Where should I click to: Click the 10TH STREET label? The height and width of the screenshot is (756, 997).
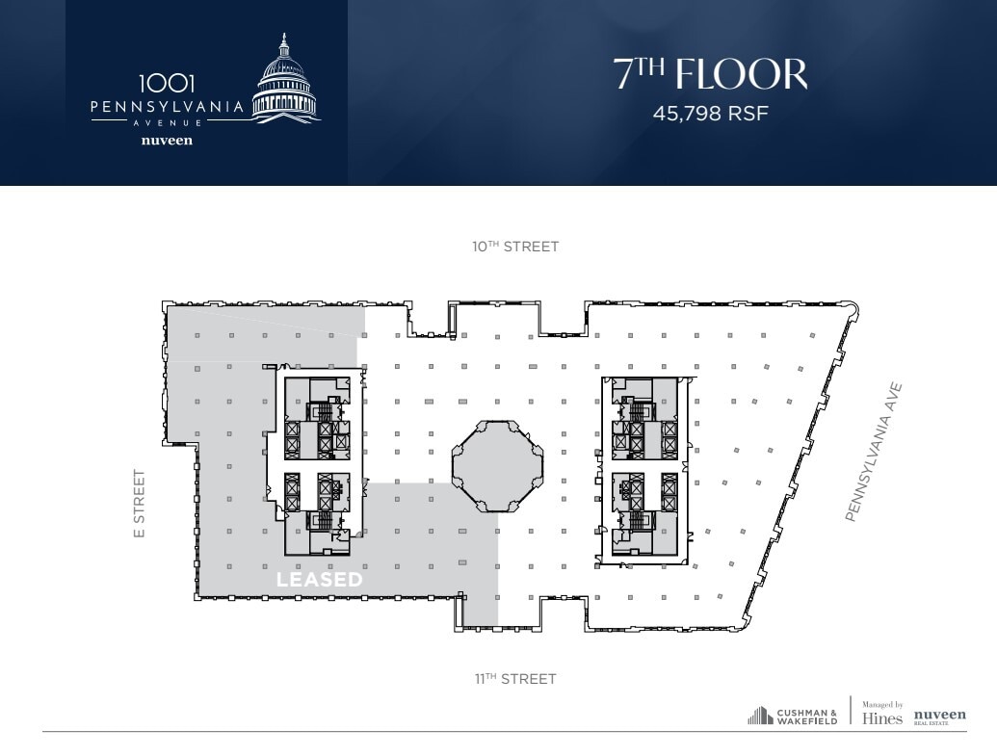[x=514, y=247]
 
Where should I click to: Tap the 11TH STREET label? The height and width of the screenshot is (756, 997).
[x=514, y=679]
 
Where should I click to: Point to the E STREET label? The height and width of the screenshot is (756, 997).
[x=140, y=504]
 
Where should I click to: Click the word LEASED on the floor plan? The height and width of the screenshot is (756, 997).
[x=320, y=580]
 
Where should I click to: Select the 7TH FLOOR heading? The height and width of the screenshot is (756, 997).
[x=711, y=74]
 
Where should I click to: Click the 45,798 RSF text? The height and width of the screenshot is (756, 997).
[x=711, y=113]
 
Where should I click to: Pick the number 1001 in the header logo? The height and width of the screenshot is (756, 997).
[x=167, y=85]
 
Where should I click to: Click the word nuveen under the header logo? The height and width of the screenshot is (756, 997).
[x=167, y=141]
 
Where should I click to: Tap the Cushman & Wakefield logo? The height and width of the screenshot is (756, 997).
[x=793, y=717]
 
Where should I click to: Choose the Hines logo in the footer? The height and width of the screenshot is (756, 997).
[x=882, y=718]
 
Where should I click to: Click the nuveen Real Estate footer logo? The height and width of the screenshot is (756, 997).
[x=939, y=717]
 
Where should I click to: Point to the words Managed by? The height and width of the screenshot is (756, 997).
[x=882, y=705]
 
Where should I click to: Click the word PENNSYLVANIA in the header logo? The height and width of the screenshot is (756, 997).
[x=167, y=108]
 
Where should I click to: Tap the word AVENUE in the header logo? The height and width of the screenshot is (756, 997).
[x=167, y=123]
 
